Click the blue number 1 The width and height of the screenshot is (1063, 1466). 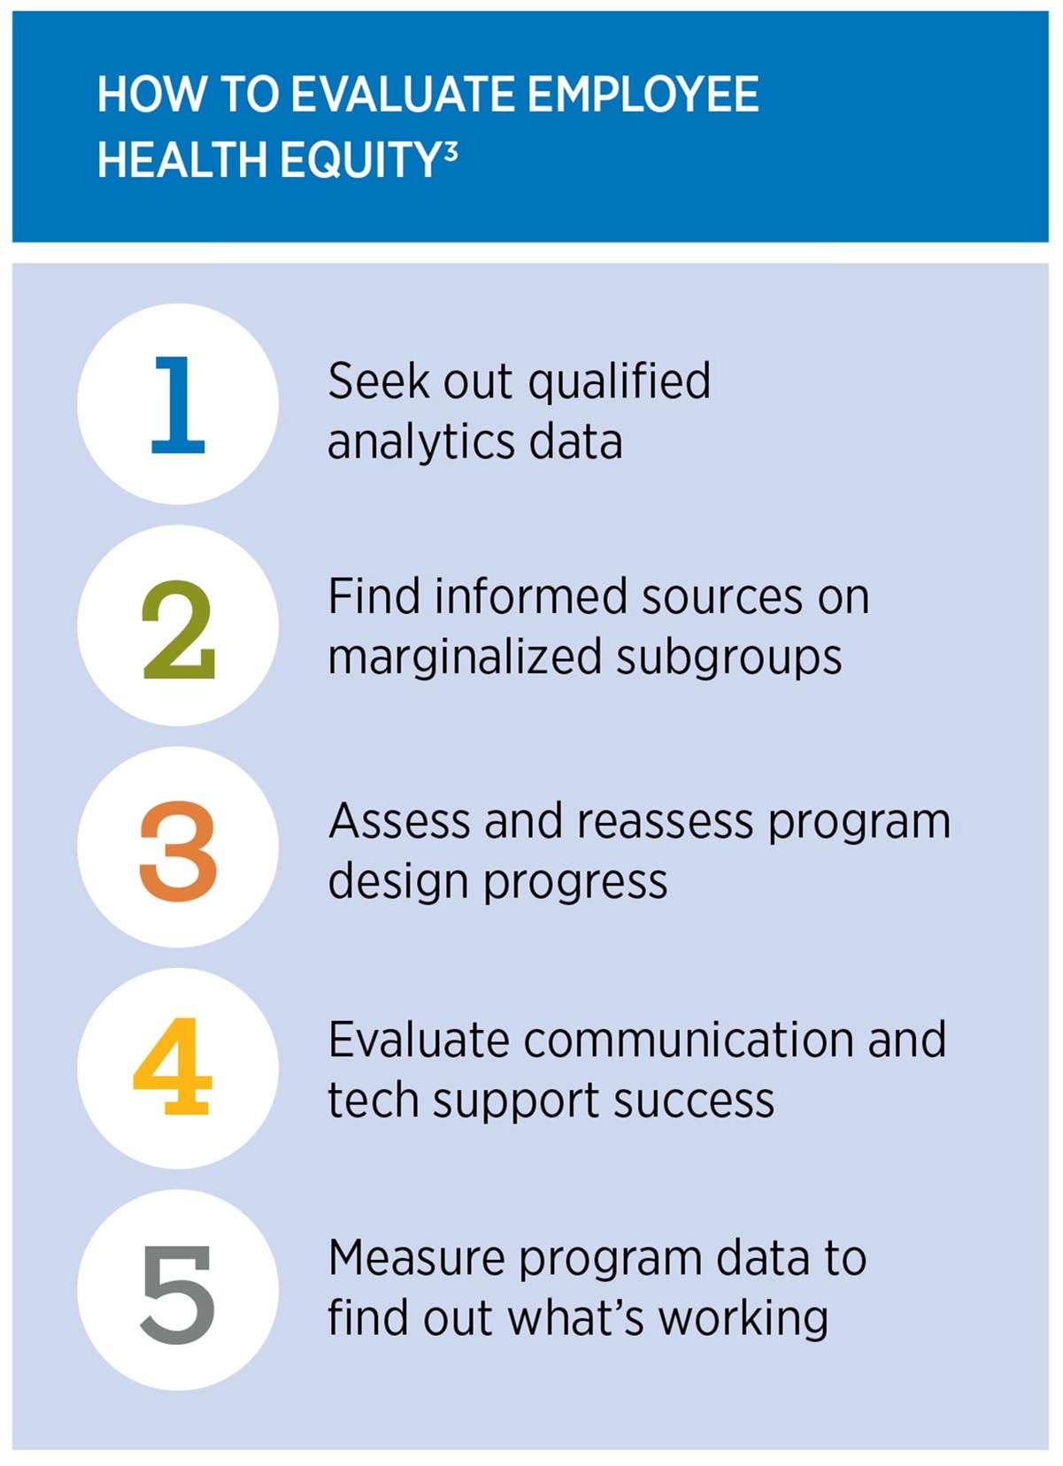coord(179,405)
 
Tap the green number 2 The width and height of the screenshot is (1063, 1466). coord(179,630)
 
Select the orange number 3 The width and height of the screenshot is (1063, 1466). coord(178,851)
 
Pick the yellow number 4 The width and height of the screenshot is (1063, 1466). coord(173,1066)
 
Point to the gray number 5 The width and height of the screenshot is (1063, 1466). coord(178,1293)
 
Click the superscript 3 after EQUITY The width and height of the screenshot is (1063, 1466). coord(451,151)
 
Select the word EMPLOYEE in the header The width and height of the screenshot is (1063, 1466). coord(643,95)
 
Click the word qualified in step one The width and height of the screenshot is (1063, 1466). coord(620,382)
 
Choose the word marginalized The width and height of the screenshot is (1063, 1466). coord(465,658)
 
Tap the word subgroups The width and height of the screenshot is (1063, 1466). coord(729,658)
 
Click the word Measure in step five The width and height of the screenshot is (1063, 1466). coord(417,1258)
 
